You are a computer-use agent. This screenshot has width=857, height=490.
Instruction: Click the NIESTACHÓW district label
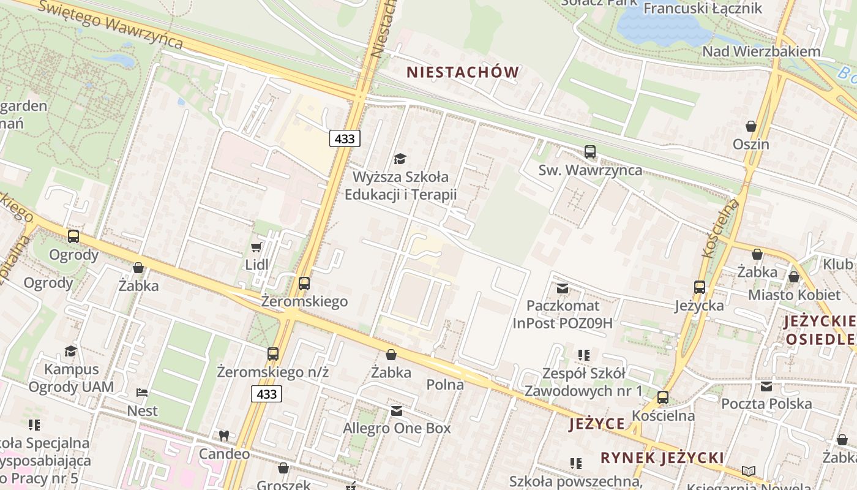tap(463, 72)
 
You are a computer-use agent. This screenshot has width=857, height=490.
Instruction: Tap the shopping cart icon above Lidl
tap(256, 247)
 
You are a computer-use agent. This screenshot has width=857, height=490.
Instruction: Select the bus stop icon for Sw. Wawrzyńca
tap(590, 151)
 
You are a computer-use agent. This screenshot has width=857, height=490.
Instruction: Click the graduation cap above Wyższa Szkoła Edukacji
tap(400, 159)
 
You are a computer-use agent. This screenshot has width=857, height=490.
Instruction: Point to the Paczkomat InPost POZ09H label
tap(563, 314)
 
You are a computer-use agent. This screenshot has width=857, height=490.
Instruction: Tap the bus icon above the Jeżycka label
tap(700, 287)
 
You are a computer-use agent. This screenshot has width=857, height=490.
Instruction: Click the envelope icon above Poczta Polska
tap(766, 386)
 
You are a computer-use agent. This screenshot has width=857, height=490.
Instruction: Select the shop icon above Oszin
tap(751, 126)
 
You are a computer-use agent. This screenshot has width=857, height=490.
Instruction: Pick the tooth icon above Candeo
tap(224, 435)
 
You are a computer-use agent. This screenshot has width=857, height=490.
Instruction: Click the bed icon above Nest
tap(142, 392)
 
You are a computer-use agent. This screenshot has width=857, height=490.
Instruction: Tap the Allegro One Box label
tap(397, 428)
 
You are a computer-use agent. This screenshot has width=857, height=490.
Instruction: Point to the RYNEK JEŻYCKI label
tap(662, 458)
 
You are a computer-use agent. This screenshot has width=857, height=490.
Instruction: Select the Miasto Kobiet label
tap(794, 295)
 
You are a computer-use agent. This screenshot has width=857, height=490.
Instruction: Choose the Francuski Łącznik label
tap(702, 9)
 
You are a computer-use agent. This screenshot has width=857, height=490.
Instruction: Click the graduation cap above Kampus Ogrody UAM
tap(71, 351)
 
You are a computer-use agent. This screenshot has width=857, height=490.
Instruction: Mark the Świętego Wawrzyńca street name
tap(110, 24)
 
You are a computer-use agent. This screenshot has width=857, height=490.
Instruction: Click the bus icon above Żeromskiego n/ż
tap(273, 353)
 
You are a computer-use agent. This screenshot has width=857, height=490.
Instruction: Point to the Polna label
tap(445, 385)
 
